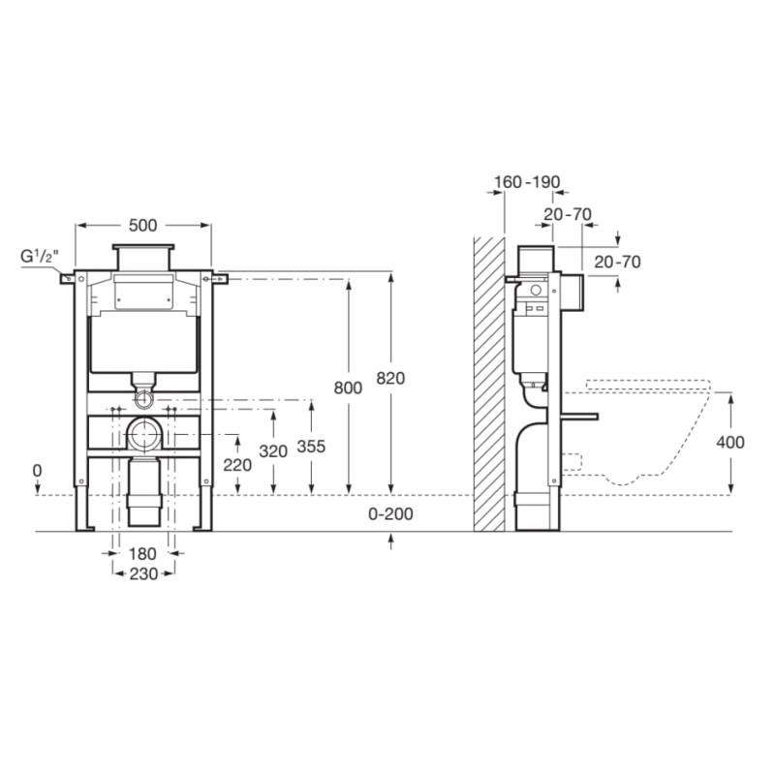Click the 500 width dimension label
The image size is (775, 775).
coord(142,226)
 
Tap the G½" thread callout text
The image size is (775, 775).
coord(40,257)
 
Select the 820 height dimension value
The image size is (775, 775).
coord(390,378)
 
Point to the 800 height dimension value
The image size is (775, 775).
coord(348,388)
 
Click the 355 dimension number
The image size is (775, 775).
coord(311,447)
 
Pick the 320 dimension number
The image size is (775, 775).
coord(273,451)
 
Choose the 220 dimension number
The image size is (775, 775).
coord(237,465)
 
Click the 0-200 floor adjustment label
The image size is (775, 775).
coord(390,514)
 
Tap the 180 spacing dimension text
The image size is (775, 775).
coord(142,553)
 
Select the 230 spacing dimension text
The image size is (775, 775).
coord(143,573)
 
